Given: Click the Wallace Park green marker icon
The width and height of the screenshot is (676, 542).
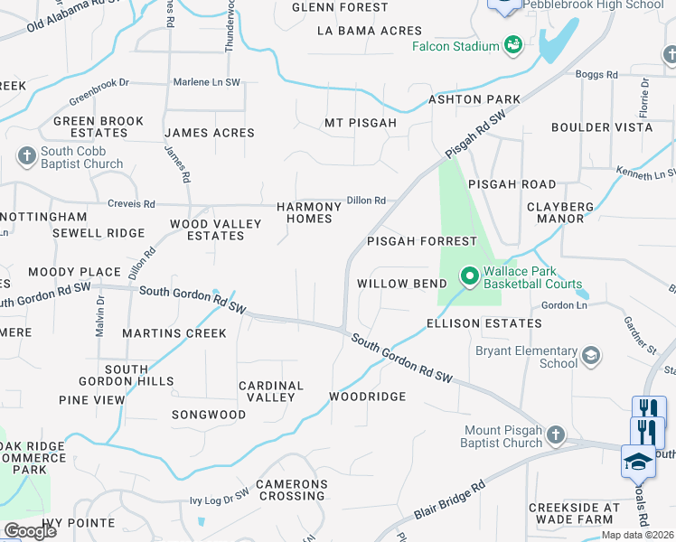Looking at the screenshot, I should [469, 274].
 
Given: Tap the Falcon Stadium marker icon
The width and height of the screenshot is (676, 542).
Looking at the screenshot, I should [513, 45].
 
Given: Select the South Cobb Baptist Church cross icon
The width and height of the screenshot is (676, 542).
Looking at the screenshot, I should [26, 157].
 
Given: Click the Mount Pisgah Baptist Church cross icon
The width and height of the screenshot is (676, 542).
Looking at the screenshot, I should [555, 436].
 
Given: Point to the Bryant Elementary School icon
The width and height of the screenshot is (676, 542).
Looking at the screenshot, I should [591, 356].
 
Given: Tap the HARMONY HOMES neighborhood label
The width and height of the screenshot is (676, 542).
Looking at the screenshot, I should [309, 212].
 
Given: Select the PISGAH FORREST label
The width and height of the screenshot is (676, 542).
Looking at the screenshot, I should [421, 241].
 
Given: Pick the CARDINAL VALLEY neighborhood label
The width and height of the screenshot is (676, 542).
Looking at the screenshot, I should [271, 391].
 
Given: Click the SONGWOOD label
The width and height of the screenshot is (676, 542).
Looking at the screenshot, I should [209, 415].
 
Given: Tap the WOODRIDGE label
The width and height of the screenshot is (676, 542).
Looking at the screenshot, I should [367, 397].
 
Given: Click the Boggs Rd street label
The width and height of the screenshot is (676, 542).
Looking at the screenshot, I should [598, 74].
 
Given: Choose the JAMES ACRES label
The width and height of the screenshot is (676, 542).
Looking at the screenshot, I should [210, 133].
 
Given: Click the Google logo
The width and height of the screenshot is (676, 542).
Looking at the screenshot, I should [30, 531].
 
